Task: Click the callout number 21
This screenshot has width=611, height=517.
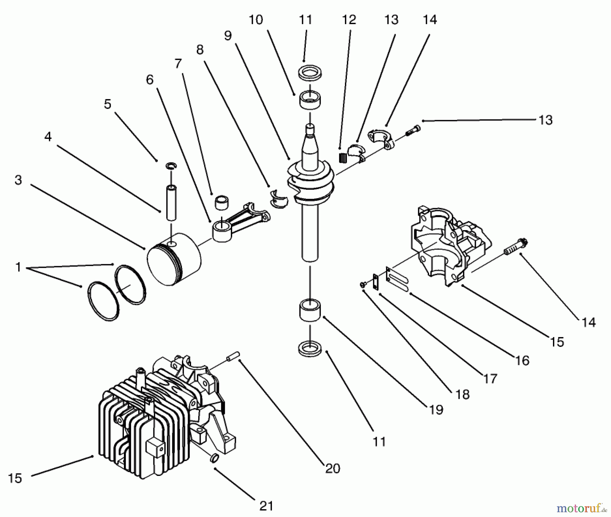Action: pyautogui.click(x=266, y=506)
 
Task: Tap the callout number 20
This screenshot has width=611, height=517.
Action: pyautogui.click(x=332, y=468)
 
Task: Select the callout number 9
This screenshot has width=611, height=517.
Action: pyautogui.click(x=228, y=35)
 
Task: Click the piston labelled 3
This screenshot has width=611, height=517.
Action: pyautogui.click(x=174, y=260)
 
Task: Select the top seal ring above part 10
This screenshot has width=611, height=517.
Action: pyautogui.click(x=310, y=72)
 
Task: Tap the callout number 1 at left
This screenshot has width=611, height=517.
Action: pyautogui.click(x=18, y=267)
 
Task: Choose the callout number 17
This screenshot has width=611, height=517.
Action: pyautogui.click(x=490, y=378)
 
